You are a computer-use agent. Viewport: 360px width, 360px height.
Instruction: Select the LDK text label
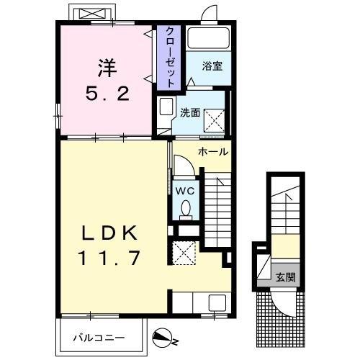(110, 233)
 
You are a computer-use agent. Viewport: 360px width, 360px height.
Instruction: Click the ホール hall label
(213, 152)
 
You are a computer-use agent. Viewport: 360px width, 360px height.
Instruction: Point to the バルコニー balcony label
(99, 336)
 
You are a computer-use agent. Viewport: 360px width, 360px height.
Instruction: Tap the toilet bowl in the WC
(185, 209)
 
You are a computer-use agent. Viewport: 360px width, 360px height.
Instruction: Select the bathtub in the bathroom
(208, 40)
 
